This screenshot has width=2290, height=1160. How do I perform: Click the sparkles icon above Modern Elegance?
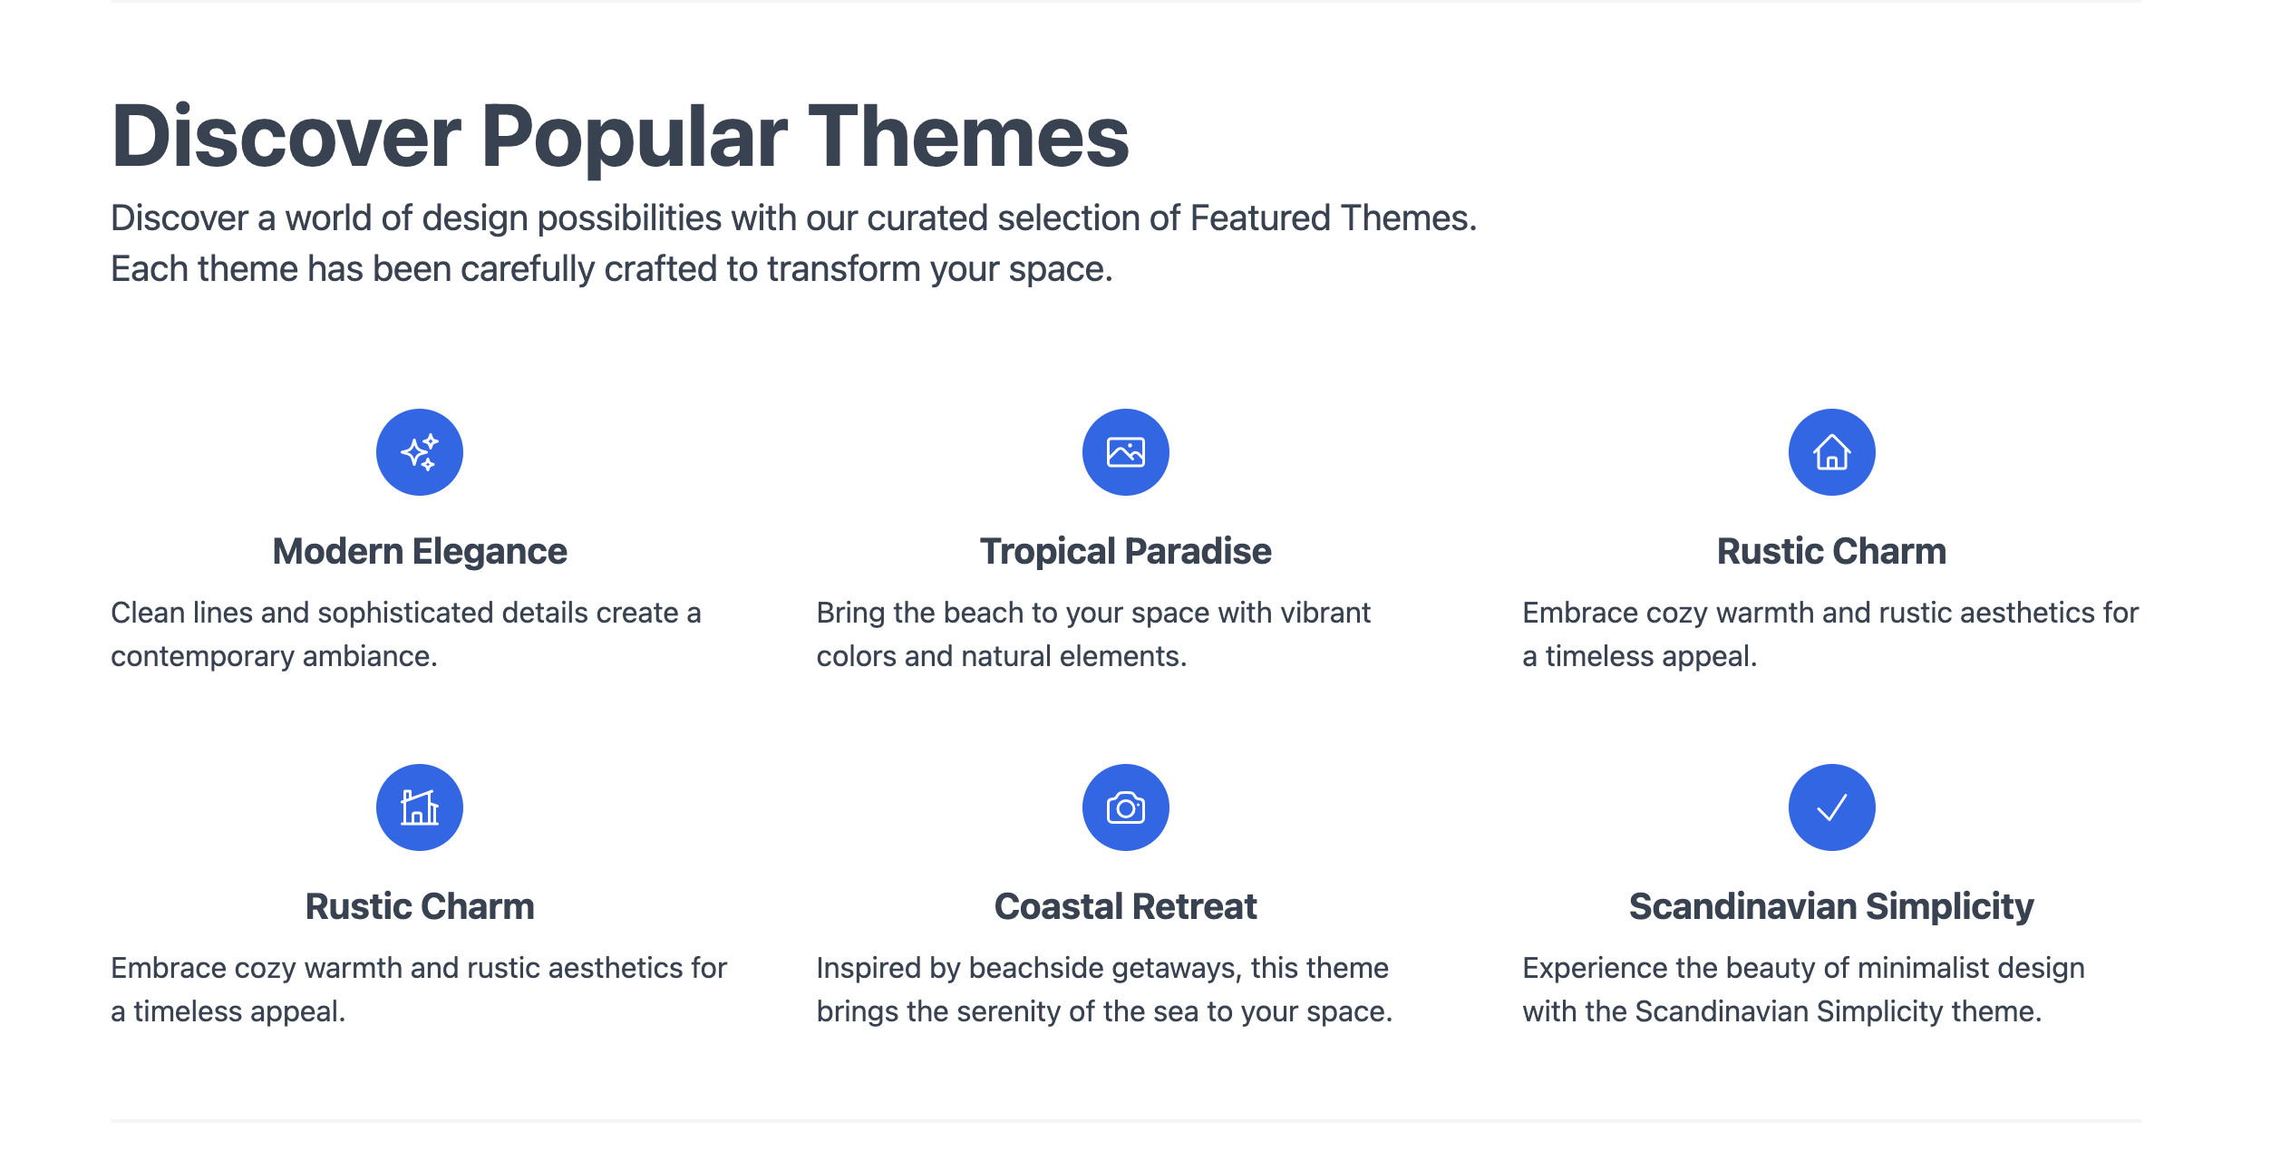[420, 452]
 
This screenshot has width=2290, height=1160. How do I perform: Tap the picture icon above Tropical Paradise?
[1125, 452]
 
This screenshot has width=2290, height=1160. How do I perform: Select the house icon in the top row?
[1831, 452]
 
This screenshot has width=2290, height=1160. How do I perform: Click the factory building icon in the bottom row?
[420, 807]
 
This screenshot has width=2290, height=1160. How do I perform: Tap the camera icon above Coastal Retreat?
[1125, 807]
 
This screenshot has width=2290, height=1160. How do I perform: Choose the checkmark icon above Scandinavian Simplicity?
[1831, 807]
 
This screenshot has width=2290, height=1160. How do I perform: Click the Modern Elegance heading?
[420, 551]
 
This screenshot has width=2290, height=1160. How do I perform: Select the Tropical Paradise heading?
[1125, 551]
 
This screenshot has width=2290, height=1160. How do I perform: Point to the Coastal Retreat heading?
[1125, 906]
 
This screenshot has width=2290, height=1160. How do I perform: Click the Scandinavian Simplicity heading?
[1831, 906]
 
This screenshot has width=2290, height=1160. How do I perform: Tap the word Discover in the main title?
[286, 137]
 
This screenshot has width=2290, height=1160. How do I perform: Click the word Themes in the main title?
[968, 137]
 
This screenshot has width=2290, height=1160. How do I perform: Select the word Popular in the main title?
[634, 137]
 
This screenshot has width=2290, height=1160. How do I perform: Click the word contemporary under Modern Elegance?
[202, 656]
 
